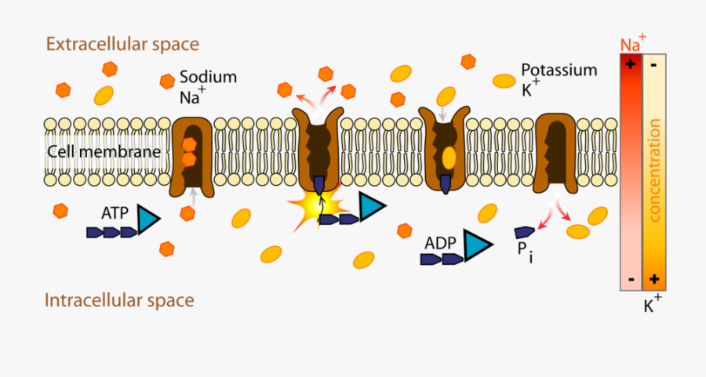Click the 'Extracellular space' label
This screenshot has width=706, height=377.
[122, 44]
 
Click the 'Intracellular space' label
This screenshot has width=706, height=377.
[119, 300]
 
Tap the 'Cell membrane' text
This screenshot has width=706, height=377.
[104, 151]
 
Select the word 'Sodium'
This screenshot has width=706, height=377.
[208, 77]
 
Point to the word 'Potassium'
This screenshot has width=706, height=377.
[559, 70]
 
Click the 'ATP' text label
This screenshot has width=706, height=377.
[115, 212]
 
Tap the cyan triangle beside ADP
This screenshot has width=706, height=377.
[475, 245]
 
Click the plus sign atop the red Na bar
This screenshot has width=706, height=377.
[630, 65]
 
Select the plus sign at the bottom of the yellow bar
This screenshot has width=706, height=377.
[654, 279]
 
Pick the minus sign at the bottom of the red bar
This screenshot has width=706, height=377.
[630, 279]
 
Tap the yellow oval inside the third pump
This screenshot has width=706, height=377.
[449, 158]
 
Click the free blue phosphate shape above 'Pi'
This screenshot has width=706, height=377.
[524, 232]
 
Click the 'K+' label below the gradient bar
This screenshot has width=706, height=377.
[652, 305]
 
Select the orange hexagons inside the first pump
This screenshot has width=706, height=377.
[189, 152]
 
